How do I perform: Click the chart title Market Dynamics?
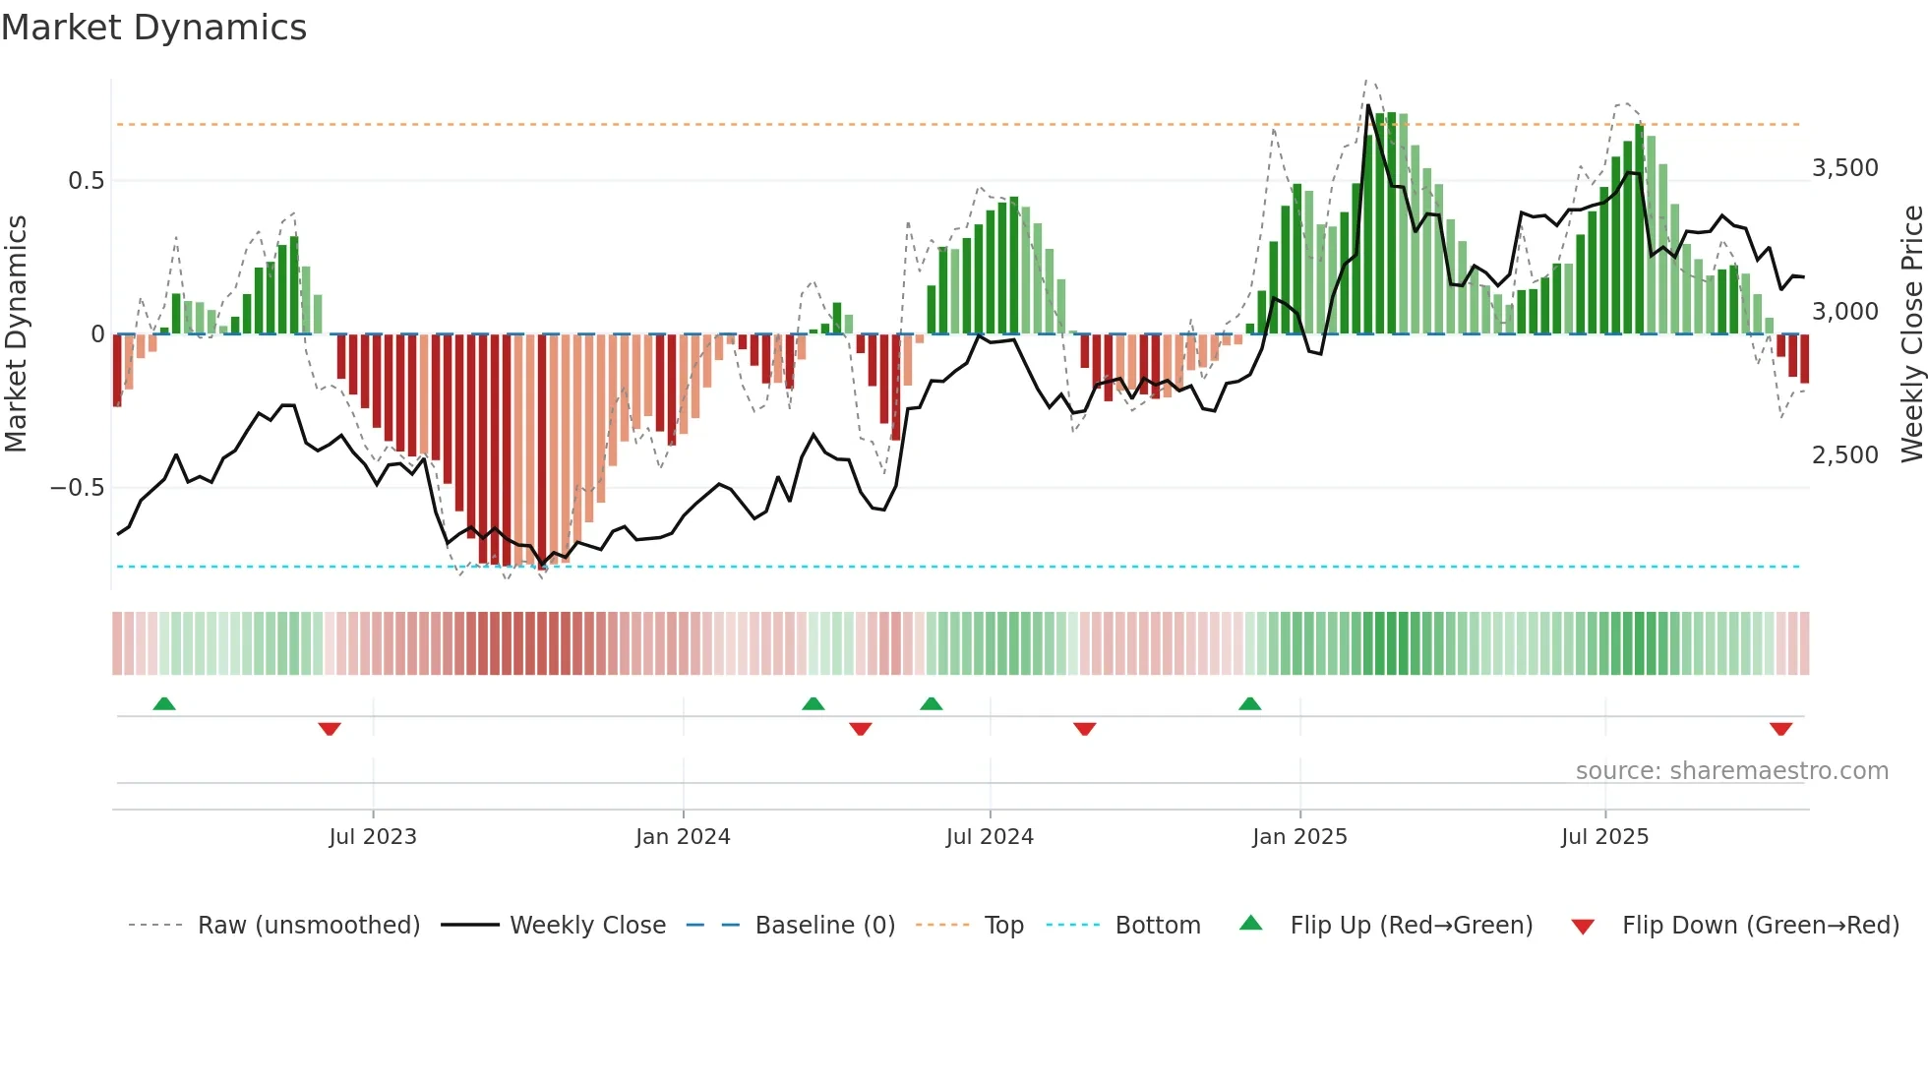pos(153,28)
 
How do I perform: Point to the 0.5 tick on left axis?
pos(86,181)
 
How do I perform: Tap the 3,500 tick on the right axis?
pos(1844,168)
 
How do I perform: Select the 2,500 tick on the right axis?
pos(1844,455)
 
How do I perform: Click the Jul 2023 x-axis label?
pos(373,837)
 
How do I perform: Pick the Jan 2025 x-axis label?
pos(1299,837)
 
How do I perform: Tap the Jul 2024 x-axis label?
pos(990,837)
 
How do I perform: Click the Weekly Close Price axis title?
pos(1910,334)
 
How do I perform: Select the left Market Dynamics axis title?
pos(17,334)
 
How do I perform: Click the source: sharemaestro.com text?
pos(1731,771)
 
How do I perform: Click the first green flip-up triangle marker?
pos(164,704)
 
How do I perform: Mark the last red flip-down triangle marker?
pos(1780,729)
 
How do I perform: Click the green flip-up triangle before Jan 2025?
pos(1249,704)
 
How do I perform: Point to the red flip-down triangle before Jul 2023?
pos(330,729)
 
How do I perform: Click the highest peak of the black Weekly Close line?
pos(1367,105)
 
